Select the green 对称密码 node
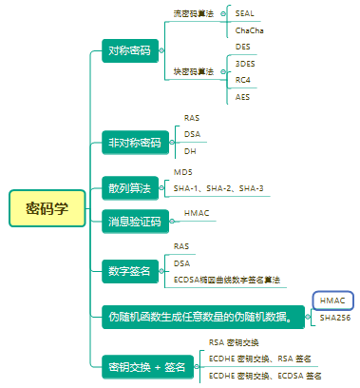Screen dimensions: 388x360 coord(130,50)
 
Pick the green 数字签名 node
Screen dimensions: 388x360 coord(130,271)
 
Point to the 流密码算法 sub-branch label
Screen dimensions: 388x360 coord(193,15)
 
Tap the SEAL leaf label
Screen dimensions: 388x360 coord(245,12)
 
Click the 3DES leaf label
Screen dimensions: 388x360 coord(245,64)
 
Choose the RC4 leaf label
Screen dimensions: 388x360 coord(243,81)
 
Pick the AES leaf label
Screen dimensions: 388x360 coord(243,97)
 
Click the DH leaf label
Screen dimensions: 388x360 coord(190,151)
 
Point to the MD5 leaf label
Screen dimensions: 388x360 coord(182,172)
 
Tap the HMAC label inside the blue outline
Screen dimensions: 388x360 coord(332,300)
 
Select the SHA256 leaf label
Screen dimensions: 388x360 coord(335,317)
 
